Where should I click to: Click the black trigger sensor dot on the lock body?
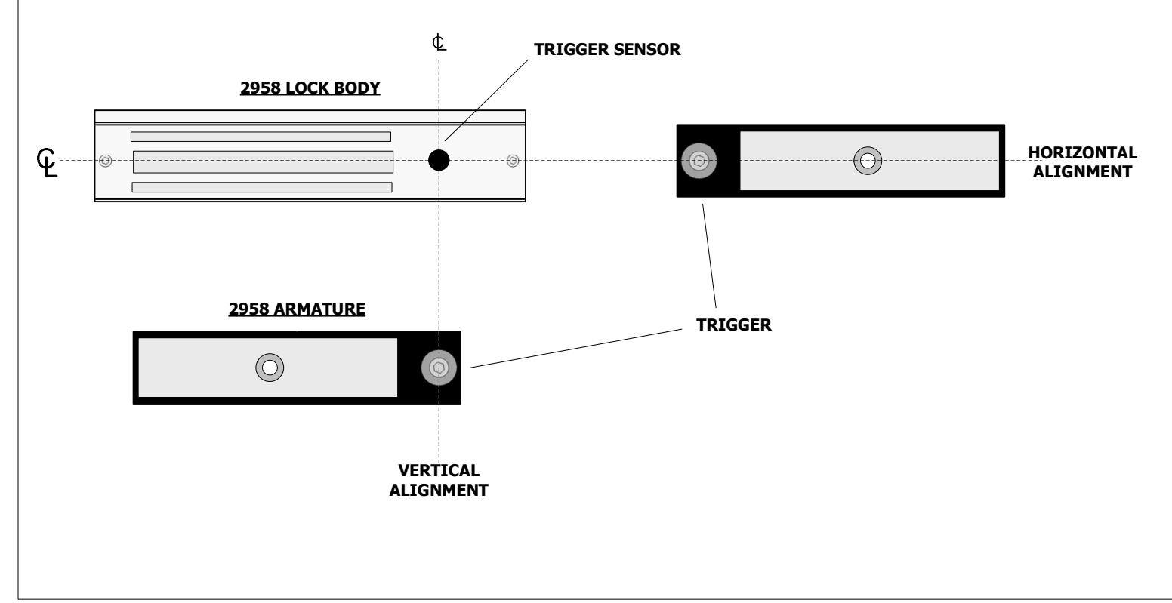[439, 160]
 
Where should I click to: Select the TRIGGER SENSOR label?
[607, 50]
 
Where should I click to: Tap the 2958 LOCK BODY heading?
[310, 88]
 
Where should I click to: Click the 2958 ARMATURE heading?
[297, 309]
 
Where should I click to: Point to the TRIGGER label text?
[733, 325]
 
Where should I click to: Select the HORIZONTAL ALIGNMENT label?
[1082, 162]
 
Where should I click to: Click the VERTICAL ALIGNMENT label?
[439, 480]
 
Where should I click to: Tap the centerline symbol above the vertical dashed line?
[439, 42]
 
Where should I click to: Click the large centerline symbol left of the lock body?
[47, 163]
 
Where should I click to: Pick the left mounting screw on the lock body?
[105, 161]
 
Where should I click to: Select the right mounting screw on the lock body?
[513, 161]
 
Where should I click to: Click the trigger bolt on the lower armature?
[439, 368]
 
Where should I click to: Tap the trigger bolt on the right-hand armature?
[699, 161]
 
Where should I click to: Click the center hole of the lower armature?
[270, 368]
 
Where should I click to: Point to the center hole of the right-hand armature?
[868, 161]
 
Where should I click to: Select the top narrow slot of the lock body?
[261, 137]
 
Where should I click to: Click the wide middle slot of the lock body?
[264, 162]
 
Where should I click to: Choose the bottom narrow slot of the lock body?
[261, 187]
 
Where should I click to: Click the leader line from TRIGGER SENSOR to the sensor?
[486, 100]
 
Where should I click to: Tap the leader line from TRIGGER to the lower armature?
[576, 349]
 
